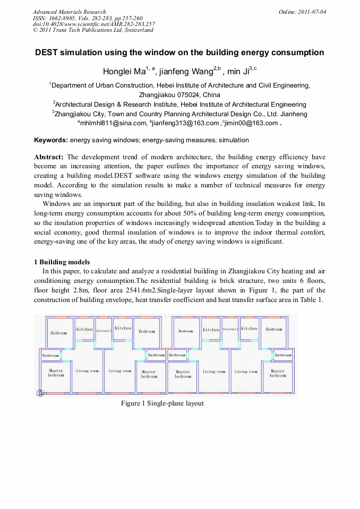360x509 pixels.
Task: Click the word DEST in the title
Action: (48, 53)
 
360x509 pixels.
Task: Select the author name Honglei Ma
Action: (123, 71)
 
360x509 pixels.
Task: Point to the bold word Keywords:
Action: (51, 140)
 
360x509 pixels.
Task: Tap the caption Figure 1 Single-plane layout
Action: (162, 403)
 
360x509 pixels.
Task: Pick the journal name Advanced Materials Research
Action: (69, 12)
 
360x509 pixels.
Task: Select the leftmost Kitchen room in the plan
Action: (84, 329)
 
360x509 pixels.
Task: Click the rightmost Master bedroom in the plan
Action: (278, 373)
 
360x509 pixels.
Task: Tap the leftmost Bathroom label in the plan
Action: (50, 355)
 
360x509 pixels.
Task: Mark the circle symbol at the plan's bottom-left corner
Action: (39, 393)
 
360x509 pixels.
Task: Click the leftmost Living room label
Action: (87, 371)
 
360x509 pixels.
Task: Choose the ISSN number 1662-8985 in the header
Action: (59, 18)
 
